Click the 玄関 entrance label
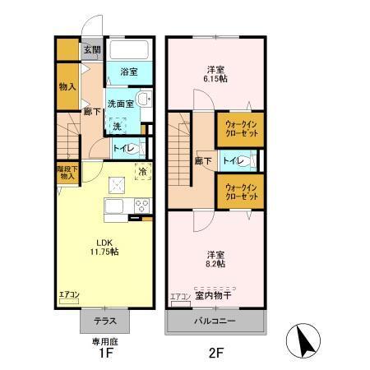[91, 49]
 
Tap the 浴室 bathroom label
[128, 72]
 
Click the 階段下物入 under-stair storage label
[67, 172]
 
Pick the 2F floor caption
[215, 354]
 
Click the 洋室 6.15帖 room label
[216, 72]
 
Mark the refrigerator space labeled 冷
[141, 172]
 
